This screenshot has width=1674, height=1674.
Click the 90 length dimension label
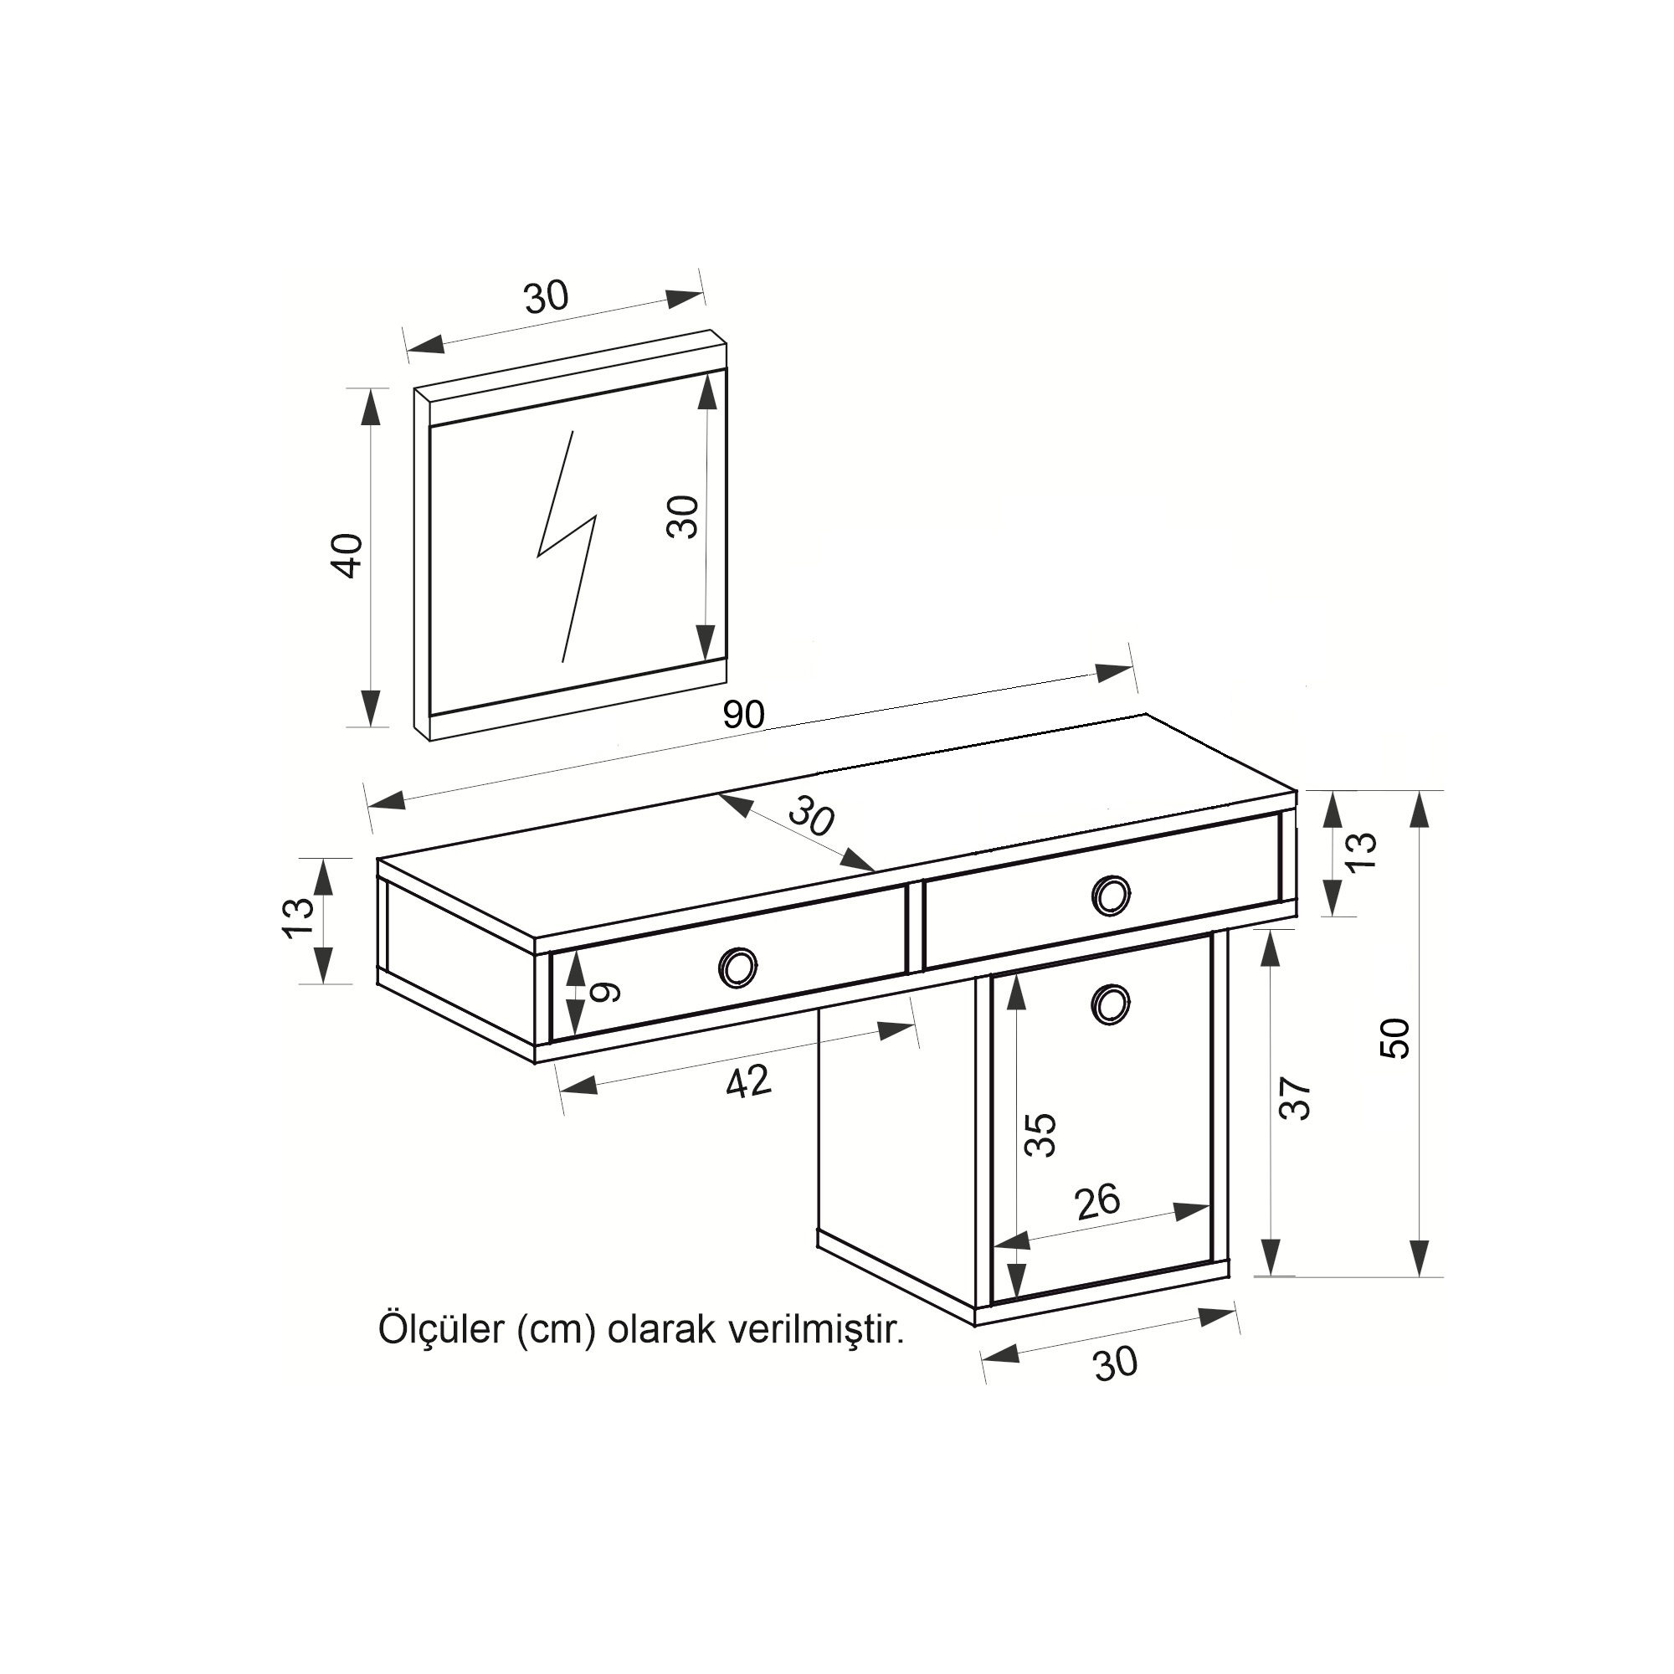pyautogui.click(x=743, y=714)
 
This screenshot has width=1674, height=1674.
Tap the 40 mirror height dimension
pyautogui.click(x=349, y=556)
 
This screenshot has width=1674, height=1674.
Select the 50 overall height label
pyautogui.click(x=1395, y=1038)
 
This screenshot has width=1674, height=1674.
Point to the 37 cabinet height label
pyautogui.click(x=1297, y=1100)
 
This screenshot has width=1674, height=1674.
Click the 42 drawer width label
pyautogui.click(x=748, y=1081)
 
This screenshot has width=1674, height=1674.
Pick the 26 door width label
pyautogui.click(x=1097, y=1202)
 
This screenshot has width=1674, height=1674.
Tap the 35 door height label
pyautogui.click(x=1040, y=1135)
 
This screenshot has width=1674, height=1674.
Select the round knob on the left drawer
pyautogui.click(x=738, y=966)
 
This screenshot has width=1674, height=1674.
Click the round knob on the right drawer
pyautogui.click(x=1111, y=896)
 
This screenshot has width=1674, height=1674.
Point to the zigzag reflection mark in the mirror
pyautogui.click(x=567, y=546)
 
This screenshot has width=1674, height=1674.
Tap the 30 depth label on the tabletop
pyautogui.click(x=812, y=819)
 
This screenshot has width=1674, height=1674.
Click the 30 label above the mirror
pyautogui.click(x=547, y=296)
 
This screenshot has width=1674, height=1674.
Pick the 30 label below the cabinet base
pyautogui.click(x=1115, y=1363)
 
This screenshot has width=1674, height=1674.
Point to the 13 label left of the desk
pyautogui.click(x=297, y=917)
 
